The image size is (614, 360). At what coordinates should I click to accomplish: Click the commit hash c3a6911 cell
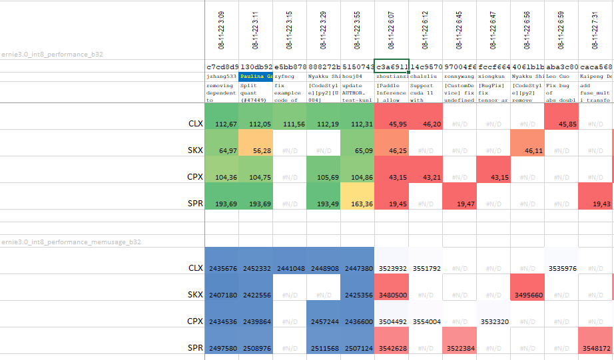pyautogui.click(x=392, y=67)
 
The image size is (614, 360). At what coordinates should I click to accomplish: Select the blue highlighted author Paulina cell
pyautogui.click(x=256, y=77)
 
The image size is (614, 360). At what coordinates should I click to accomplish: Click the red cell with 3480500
pyautogui.click(x=392, y=295)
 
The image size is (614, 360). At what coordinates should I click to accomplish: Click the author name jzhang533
pyautogui.click(x=222, y=77)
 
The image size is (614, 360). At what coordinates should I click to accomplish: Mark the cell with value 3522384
pyautogui.click(x=460, y=348)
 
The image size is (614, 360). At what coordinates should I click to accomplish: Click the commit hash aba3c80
pyautogui.click(x=561, y=67)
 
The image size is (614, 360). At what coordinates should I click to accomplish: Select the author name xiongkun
pyautogui.click(x=493, y=77)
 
